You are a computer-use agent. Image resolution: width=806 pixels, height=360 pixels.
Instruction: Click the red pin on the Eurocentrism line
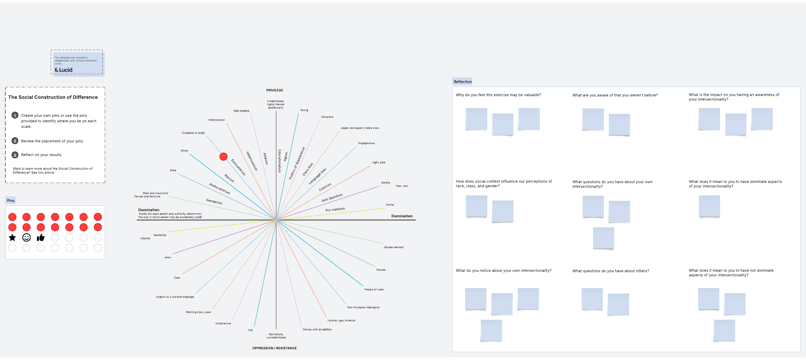tap(223, 156)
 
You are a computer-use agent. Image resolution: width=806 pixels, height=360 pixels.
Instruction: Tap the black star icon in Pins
tap(12, 238)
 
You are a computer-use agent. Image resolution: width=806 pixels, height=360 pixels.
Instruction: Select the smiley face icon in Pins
tap(27, 238)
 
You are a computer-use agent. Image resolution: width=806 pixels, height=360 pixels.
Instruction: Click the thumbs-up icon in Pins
tap(41, 238)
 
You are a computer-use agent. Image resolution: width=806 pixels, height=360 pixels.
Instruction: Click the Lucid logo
tap(64, 70)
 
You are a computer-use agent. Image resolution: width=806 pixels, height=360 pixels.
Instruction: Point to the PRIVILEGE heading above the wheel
tap(274, 90)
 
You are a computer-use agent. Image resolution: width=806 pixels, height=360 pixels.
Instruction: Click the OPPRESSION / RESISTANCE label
tap(274, 348)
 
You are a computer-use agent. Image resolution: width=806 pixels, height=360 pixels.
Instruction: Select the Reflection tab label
tap(462, 82)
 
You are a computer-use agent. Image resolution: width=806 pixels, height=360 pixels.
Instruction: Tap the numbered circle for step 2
tap(15, 141)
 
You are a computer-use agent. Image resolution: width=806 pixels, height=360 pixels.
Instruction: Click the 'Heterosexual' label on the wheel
tap(216, 120)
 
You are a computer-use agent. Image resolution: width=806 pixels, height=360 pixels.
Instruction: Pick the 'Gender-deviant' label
tap(394, 247)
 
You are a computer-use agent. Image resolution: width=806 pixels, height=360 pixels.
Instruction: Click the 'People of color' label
tap(374, 289)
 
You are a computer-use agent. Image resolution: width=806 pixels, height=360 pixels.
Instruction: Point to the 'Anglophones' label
tap(366, 143)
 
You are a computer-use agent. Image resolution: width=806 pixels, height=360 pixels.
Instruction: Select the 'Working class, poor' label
tap(198, 312)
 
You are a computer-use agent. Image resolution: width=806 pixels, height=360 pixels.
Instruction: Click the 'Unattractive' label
tap(223, 323)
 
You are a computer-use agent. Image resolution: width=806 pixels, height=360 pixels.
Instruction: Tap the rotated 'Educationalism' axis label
tap(279, 161)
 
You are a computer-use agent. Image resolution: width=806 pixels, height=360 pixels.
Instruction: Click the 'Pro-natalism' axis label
tap(335, 210)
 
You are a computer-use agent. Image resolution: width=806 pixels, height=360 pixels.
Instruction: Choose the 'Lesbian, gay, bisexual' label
tap(341, 320)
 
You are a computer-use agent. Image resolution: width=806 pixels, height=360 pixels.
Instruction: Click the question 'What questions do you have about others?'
tap(611, 271)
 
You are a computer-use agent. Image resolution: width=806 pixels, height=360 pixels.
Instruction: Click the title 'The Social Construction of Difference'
tap(53, 97)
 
